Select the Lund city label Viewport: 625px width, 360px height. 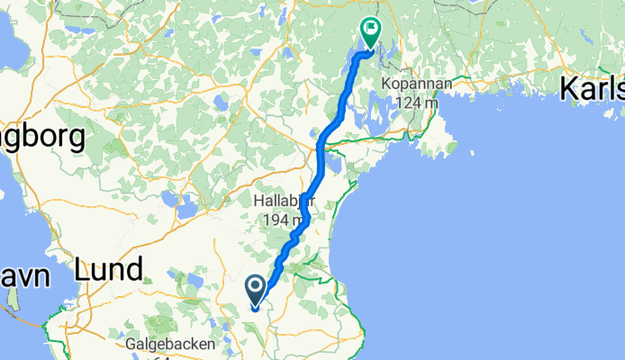(108, 269)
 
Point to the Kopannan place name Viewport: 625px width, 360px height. (416, 83)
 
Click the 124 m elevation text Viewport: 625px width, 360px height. (416, 103)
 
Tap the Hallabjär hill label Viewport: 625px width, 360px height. (283, 202)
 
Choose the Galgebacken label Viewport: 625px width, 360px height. (170, 345)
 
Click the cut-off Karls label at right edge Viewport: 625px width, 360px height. (593, 89)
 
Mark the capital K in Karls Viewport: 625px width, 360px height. (570, 89)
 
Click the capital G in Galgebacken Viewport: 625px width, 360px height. (131, 345)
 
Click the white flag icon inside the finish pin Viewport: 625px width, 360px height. (369, 29)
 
